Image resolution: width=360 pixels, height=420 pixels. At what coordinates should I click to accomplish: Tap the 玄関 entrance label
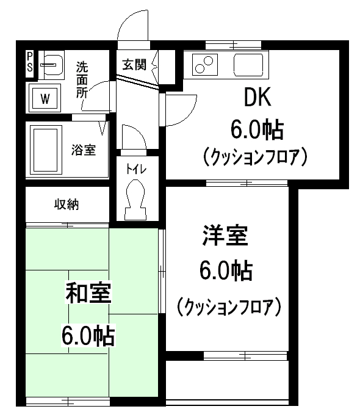click(134, 64)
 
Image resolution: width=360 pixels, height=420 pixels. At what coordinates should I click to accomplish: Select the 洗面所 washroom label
click(82, 79)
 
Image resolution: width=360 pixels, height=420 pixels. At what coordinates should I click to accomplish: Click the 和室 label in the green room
click(88, 294)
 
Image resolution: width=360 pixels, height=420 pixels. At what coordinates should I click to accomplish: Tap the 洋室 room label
click(226, 236)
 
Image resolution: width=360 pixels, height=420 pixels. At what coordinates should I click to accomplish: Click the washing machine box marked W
click(45, 98)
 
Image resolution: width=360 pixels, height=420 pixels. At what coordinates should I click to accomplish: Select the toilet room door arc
click(132, 136)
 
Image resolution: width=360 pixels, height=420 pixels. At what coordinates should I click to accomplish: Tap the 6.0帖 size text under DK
click(257, 129)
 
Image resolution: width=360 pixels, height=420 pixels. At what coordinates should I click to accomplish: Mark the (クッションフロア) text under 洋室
click(228, 305)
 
